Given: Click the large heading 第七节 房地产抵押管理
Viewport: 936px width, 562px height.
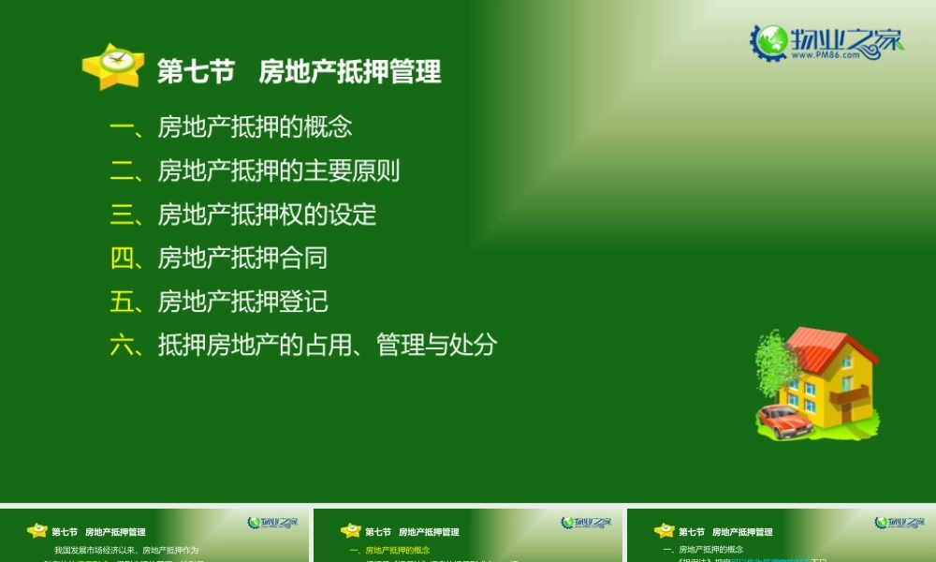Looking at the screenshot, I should click(299, 72).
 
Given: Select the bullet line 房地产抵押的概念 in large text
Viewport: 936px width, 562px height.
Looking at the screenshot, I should click(255, 127).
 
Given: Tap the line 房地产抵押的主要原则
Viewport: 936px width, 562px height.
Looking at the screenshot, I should click(279, 171).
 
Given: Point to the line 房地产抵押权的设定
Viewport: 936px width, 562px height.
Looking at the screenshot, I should click(267, 214).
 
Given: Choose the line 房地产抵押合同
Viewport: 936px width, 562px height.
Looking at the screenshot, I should click(242, 258).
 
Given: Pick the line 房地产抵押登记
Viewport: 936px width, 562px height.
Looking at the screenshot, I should click(242, 302).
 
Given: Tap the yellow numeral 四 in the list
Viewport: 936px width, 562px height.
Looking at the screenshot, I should click(123, 258).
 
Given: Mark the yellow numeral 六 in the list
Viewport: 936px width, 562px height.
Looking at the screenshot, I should click(123, 345).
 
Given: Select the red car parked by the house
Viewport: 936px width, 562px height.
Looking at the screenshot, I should click(784, 421).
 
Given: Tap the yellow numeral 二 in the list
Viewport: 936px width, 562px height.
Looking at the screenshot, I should click(123, 171).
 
